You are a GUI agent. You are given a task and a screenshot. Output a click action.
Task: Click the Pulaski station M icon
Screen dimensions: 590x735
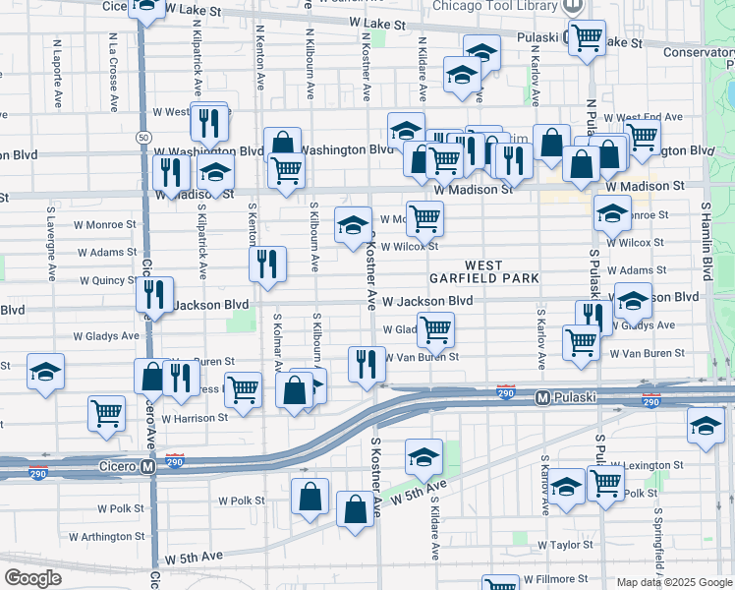click(541, 398)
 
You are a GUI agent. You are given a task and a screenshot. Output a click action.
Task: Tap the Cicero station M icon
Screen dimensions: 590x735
click(147, 466)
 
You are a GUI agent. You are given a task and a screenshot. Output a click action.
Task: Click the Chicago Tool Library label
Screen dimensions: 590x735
click(495, 6)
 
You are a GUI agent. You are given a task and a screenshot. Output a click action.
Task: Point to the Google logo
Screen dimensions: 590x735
click(32, 578)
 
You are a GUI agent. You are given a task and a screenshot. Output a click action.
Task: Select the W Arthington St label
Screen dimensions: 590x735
click(108, 537)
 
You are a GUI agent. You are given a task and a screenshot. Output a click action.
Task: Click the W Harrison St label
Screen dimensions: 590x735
click(195, 418)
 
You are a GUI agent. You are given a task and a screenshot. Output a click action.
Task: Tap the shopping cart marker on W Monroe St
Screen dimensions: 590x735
click(424, 217)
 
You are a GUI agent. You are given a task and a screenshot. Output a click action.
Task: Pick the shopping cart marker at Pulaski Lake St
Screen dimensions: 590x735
click(588, 37)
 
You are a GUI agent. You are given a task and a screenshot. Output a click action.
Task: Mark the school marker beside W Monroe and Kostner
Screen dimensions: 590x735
click(353, 224)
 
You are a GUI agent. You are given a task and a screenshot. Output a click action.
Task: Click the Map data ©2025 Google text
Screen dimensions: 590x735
click(674, 582)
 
